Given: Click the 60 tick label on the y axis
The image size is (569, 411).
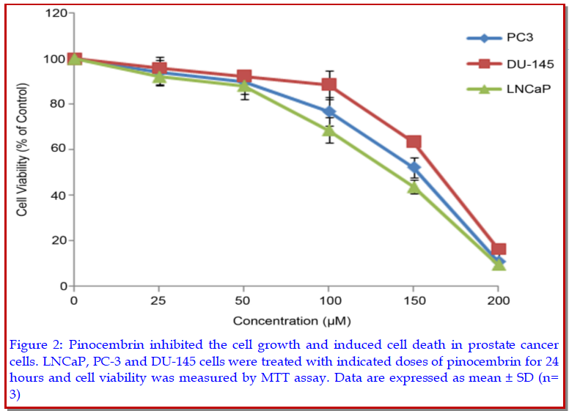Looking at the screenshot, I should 58,149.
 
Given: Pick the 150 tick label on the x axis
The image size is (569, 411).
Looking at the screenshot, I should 414,301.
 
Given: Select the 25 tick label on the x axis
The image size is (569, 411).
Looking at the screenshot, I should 158,301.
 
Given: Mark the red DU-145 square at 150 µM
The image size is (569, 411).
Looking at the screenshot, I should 414,141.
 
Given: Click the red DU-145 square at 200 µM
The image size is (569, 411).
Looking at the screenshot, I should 499,249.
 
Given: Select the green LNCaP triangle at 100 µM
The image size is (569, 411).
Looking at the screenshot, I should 329,130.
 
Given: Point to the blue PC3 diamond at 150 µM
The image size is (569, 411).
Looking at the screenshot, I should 414,168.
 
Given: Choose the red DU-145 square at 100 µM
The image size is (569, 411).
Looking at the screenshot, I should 329,84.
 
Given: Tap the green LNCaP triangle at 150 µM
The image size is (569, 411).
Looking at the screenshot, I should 414,188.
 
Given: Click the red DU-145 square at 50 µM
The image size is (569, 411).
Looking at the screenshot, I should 244,77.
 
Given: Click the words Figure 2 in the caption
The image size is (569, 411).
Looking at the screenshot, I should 34,344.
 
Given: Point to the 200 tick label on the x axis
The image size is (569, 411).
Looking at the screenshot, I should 499,301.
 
